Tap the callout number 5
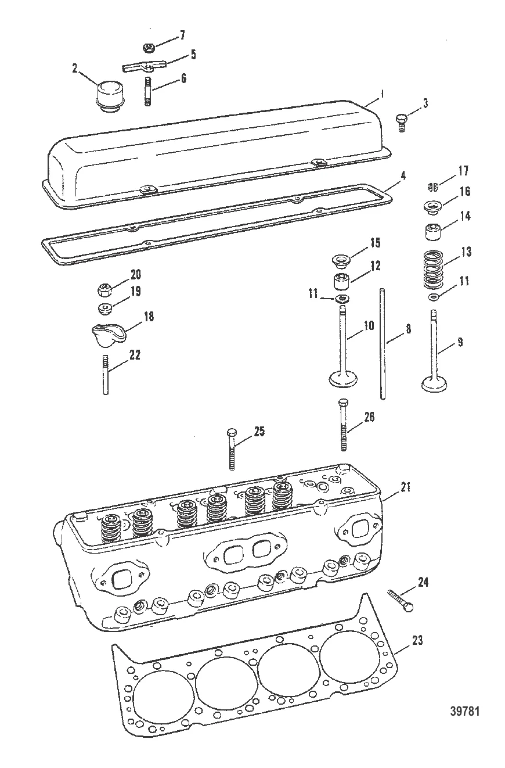tap(193, 55)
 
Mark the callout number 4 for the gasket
tap(403, 175)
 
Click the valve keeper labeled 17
tap(431, 186)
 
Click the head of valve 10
tap(343, 379)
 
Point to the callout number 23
tap(417, 640)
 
